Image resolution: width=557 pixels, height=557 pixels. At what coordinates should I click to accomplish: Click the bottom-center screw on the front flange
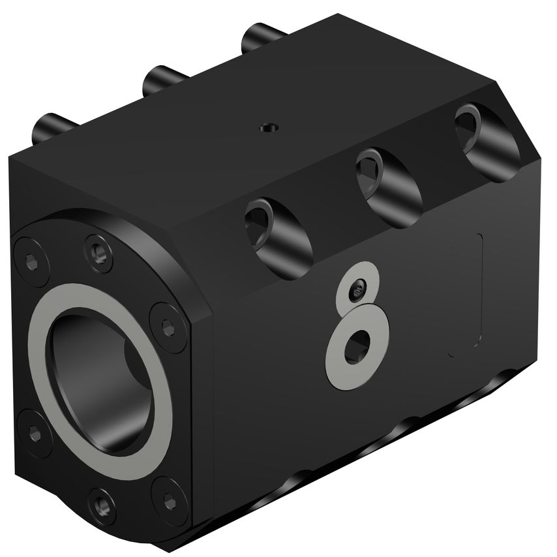coord(102,504)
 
